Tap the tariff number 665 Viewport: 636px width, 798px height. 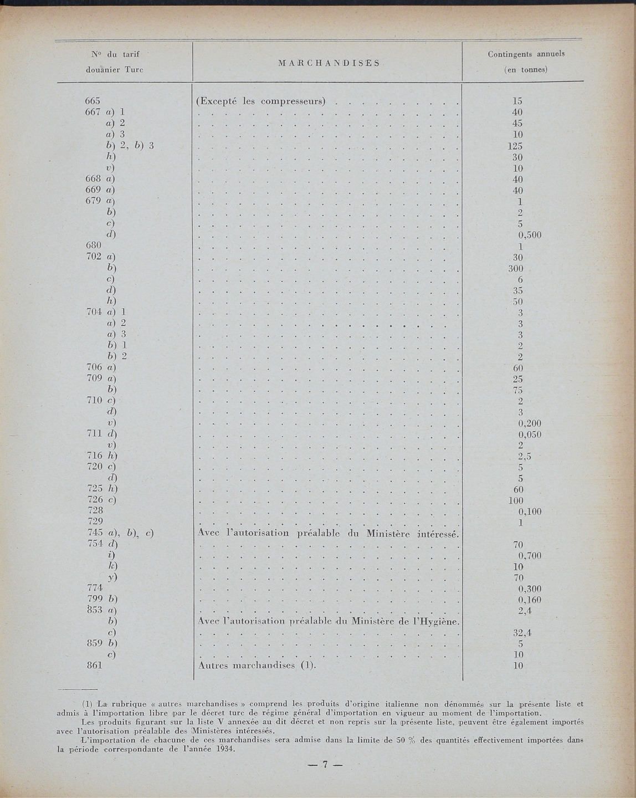coord(93,101)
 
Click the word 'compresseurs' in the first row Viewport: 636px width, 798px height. coord(292,101)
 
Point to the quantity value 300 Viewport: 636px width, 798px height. coord(516,269)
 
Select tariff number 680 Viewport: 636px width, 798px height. coord(93,245)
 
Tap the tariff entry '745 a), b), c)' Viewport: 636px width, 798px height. coord(120,534)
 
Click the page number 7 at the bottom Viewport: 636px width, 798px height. coord(325,764)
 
